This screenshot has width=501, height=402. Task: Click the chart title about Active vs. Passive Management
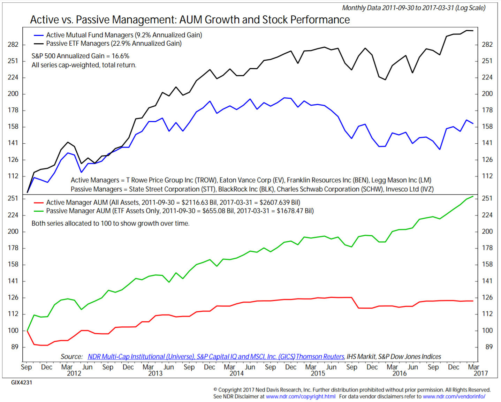190,20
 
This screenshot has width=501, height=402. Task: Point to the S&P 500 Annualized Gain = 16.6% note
80,56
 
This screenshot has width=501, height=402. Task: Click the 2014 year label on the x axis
236,373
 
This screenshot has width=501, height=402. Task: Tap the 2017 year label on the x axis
480,373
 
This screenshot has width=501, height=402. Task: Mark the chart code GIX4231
22,382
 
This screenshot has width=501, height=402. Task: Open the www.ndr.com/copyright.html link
301,396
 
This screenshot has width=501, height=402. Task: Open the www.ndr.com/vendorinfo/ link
454,396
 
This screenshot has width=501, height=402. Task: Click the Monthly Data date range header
413,8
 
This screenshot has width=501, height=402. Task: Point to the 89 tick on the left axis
15,347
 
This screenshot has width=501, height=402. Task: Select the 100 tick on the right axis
487,331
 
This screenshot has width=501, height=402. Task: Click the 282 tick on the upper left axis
13,45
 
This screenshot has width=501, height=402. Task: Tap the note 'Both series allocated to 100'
111,223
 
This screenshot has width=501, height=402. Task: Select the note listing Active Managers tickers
251,180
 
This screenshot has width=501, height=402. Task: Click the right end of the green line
473,196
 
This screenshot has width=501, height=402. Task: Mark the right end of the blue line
473,123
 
